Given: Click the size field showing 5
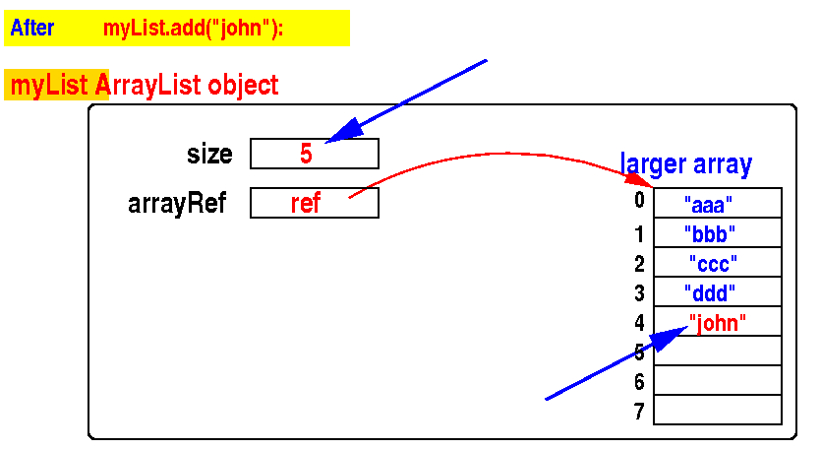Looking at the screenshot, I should (314, 154).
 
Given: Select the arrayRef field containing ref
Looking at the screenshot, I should (314, 203).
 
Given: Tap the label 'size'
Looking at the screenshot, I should (209, 155).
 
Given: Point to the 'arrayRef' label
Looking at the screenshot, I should (177, 204).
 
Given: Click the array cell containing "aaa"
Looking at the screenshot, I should (717, 204).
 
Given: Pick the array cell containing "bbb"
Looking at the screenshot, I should (717, 233).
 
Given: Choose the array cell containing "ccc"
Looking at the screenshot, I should (717, 263).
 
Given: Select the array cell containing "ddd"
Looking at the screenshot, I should (717, 292).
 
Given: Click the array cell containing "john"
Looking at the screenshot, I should (717, 322).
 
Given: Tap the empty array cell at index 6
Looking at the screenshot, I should (717, 381).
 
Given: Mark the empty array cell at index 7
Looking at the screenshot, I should (717, 411).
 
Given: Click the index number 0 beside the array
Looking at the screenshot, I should (639, 202).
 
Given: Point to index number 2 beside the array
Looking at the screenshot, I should (639, 263).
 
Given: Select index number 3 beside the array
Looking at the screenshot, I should (639, 292).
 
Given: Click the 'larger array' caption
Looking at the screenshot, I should (685, 164).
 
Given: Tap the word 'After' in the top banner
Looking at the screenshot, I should (32, 29).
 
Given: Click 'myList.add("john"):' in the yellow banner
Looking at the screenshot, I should (193, 29).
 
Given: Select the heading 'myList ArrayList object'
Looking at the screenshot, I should (144, 86).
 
